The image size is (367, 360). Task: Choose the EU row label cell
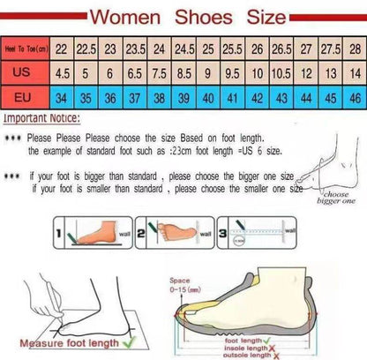click(25, 98)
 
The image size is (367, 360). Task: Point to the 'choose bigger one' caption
click(335, 197)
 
